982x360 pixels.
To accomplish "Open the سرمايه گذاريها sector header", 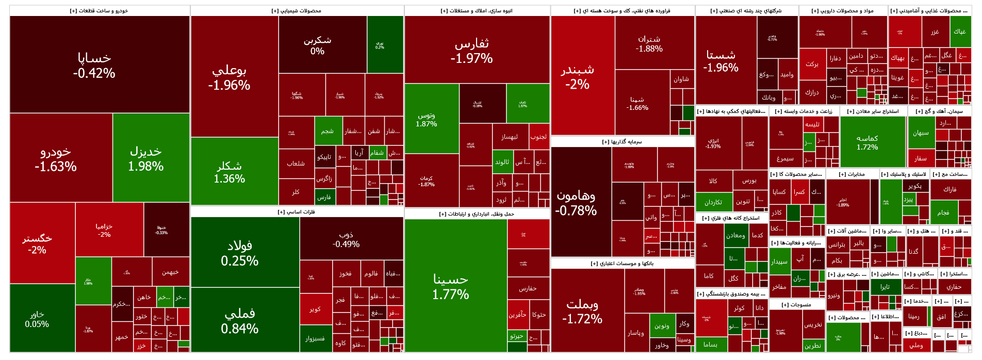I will pyautogui.click(x=622, y=142).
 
